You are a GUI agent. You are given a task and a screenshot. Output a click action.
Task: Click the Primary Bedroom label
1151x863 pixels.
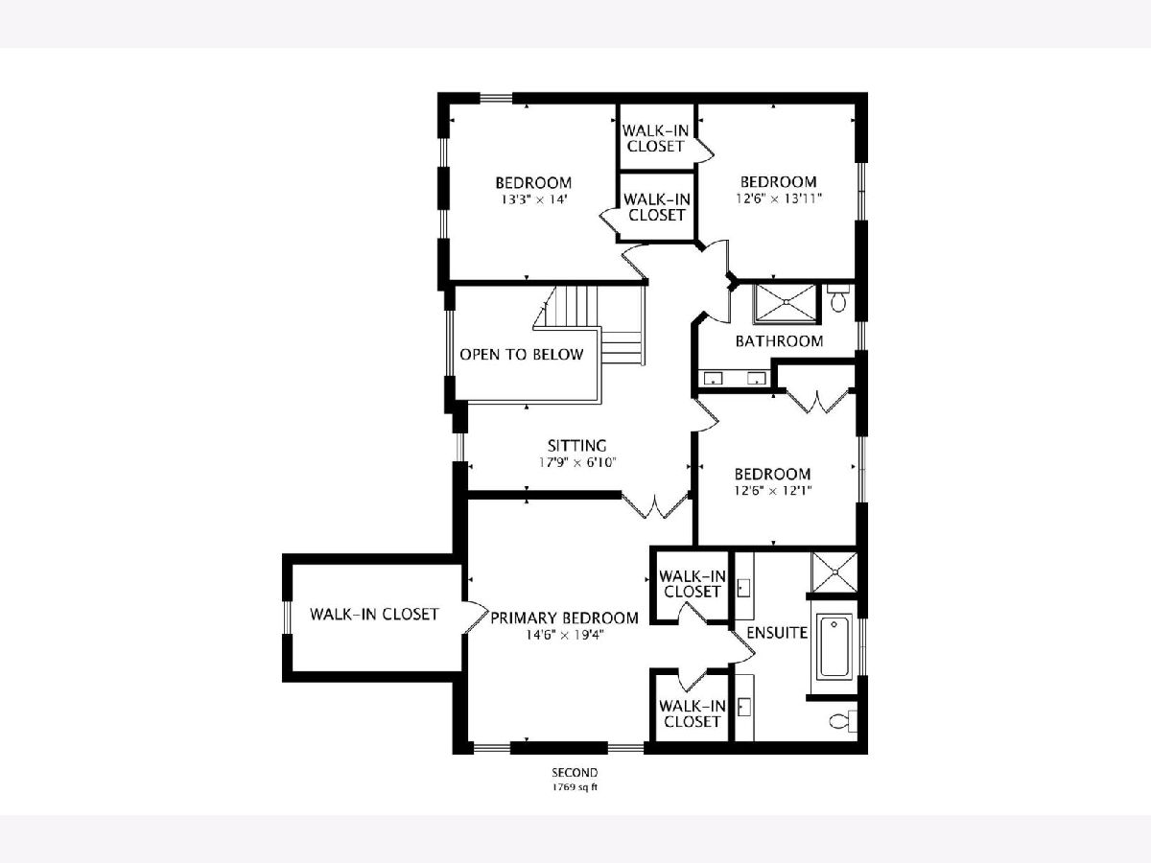click(x=564, y=618)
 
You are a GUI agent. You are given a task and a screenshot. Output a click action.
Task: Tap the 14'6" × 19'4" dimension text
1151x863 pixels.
click(x=565, y=635)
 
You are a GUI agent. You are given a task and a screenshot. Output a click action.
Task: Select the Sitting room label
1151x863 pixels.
click(x=576, y=446)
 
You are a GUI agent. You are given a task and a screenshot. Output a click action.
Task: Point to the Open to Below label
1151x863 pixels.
click(x=521, y=355)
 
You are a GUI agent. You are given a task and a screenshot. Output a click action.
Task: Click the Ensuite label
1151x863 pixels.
click(x=777, y=633)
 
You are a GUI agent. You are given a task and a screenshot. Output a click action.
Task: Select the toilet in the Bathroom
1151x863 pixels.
click(x=839, y=298)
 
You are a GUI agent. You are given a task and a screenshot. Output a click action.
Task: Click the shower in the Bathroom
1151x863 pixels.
click(x=785, y=302)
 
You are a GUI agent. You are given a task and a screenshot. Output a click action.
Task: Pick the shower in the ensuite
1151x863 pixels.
click(x=834, y=572)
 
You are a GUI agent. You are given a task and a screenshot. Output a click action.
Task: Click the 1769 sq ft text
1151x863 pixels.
click(x=575, y=787)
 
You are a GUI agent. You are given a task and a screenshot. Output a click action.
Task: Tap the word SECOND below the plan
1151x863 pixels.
click(x=575, y=772)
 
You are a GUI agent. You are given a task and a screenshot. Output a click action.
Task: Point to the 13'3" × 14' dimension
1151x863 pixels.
click(x=534, y=199)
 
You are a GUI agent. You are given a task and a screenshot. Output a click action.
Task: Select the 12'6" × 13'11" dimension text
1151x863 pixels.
click(x=779, y=198)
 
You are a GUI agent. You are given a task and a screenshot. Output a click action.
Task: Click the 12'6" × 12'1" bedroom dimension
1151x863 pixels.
click(x=773, y=491)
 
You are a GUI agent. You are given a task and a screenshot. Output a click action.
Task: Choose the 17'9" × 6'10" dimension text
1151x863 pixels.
click(x=576, y=463)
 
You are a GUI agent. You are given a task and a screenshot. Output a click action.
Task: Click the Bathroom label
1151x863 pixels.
click(x=779, y=341)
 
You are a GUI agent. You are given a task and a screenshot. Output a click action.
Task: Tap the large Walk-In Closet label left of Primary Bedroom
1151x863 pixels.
click(x=374, y=614)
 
